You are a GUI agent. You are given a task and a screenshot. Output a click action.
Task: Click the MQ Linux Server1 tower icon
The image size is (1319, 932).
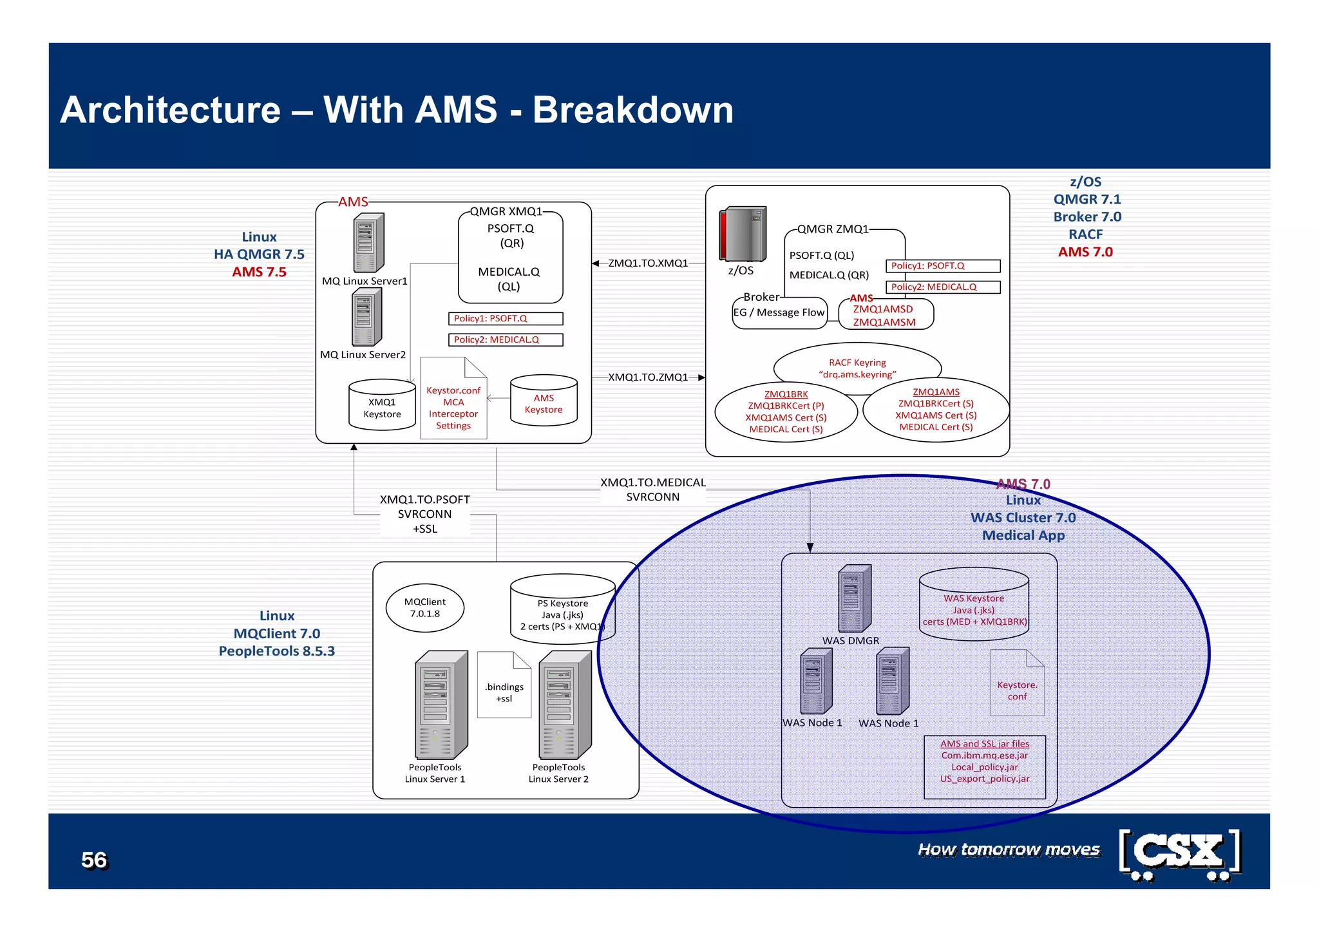(x=368, y=243)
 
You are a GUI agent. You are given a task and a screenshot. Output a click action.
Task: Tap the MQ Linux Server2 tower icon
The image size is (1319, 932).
(x=367, y=317)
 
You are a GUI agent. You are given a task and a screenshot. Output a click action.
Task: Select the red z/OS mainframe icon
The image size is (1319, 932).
(x=743, y=234)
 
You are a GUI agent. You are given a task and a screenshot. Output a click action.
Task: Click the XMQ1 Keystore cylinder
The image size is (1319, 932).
(x=382, y=405)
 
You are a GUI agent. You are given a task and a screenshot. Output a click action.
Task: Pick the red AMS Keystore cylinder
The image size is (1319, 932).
(x=544, y=401)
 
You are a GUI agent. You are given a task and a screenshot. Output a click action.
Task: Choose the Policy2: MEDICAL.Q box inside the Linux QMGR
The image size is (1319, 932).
(x=506, y=339)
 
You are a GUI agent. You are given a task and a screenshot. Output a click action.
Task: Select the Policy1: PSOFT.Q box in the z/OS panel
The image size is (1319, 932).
(x=943, y=266)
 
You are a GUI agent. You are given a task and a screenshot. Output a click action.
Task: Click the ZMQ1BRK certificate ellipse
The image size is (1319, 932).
(x=786, y=411)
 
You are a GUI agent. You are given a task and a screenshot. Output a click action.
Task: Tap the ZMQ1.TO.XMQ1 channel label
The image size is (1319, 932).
(x=648, y=263)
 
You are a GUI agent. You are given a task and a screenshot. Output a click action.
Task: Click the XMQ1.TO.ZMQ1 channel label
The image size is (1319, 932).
(x=648, y=377)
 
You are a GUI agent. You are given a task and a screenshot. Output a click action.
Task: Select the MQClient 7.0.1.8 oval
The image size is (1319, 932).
(x=425, y=607)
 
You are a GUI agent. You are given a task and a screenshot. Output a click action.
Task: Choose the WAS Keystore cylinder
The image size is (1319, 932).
(x=974, y=605)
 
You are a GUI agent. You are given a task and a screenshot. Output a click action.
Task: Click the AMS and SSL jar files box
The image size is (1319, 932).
(x=985, y=766)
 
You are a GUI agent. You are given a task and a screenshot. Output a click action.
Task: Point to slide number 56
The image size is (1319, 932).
(x=94, y=860)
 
